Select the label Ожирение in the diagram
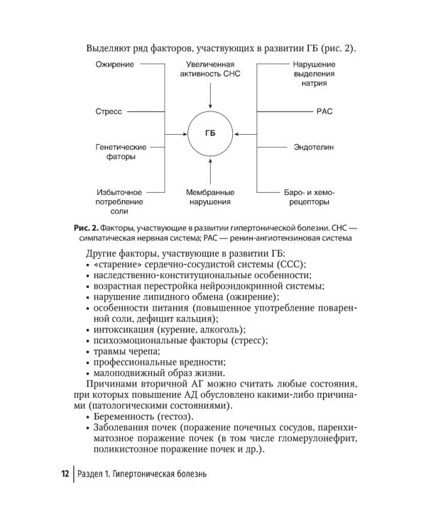112,65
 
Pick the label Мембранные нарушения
210,197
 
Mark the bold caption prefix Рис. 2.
86,227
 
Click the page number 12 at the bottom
64,474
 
